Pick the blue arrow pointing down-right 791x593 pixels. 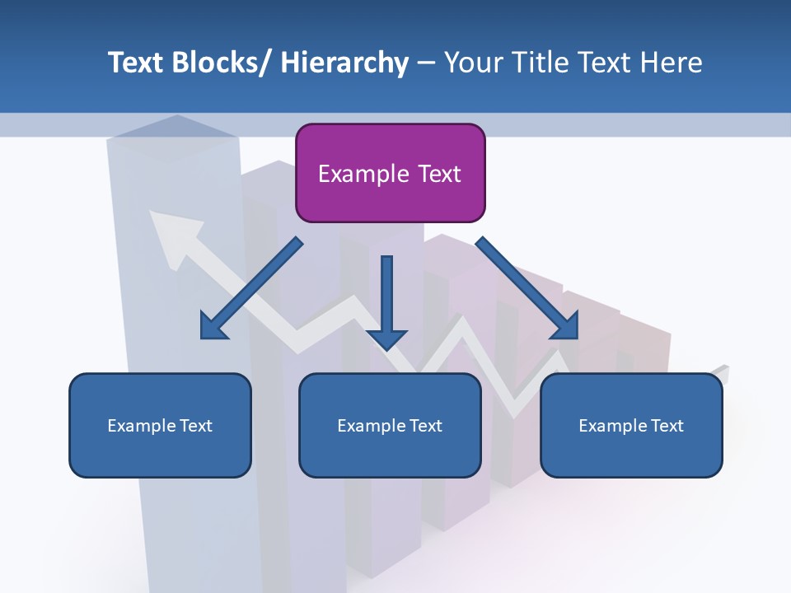[x=527, y=288]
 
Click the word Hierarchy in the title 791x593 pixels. [x=344, y=63]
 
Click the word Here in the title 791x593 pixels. [x=672, y=63]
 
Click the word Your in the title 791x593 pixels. [x=473, y=63]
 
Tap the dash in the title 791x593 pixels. [x=426, y=63]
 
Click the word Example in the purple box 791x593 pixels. [x=363, y=174]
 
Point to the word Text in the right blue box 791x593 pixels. [x=666, y=426]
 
